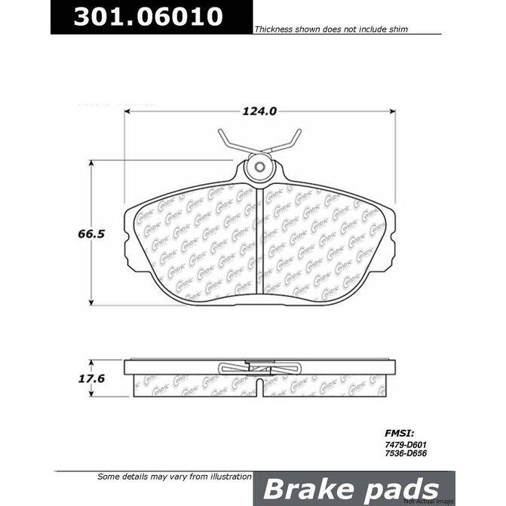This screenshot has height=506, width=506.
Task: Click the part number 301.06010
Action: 148,17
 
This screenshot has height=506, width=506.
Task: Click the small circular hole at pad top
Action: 259,167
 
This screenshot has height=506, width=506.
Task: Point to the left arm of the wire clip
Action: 228,143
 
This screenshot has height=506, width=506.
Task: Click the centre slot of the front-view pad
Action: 259,241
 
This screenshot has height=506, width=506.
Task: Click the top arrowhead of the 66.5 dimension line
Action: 92,164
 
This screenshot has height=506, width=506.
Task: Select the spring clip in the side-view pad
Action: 259,367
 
